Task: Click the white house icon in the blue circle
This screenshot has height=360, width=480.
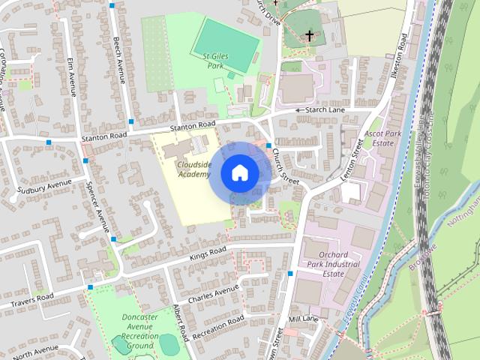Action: click(x=239, y=173)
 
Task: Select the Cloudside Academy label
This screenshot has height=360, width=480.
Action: click(x=194, y=169)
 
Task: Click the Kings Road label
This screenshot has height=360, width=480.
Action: click(x=208, y=254)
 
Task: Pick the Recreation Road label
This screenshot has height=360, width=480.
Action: click(x=218, y=328)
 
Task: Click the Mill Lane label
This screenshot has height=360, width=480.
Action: click(x=304, y=319)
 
